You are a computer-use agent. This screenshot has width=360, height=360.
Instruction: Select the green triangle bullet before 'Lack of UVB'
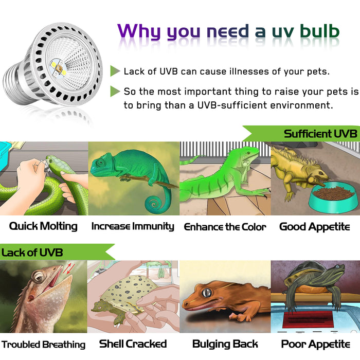[x=115, y=71]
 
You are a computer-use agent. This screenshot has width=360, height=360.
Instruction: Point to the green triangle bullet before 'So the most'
[x=115, y=92]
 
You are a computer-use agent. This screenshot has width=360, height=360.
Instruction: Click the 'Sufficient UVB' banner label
[x=320, y=134]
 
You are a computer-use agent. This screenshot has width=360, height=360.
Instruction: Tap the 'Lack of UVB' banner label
[x=32, y=253]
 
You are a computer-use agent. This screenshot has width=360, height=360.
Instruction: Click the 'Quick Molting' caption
[x=43, y=226]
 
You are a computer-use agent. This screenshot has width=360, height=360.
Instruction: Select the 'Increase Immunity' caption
[x=133, y=226]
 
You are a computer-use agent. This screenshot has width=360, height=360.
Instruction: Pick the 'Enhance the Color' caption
[x=225, y=227]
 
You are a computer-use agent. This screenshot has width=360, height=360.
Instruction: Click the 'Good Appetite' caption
[x=314, y=226]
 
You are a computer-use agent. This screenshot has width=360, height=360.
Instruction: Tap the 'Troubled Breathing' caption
[x=43, y=344]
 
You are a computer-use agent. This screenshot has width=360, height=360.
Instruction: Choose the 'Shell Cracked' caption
[x=133, y=344]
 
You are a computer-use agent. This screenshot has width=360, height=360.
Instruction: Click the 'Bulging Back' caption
[x=225, y=344]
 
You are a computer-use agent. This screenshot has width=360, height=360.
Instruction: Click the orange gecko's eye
[x=206, y=293]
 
